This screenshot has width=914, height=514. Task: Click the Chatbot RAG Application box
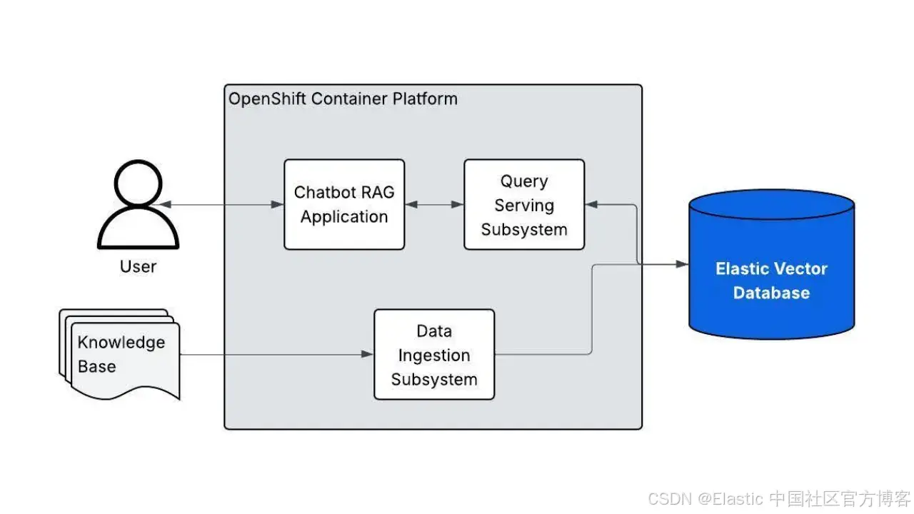344,204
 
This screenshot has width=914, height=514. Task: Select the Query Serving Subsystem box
524,204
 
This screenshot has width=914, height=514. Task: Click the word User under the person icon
138,267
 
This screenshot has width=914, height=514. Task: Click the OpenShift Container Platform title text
343,99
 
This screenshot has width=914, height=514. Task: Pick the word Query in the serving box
524,181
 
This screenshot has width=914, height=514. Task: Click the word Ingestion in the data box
434,356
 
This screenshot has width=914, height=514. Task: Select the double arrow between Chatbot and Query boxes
434,204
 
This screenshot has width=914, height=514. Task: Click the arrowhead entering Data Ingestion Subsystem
368,354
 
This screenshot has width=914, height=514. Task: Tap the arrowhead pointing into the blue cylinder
683,264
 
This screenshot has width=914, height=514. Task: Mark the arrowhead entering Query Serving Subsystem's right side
591,204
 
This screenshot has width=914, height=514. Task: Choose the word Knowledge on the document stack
121,343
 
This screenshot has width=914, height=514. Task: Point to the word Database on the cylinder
771,293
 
